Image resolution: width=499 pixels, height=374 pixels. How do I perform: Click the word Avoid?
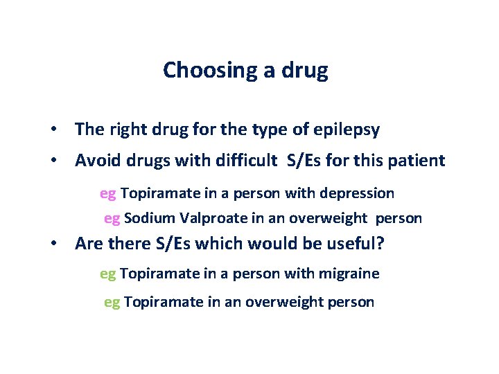[x=97, y=161]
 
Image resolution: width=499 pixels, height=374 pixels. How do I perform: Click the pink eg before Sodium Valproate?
[x=112, y=218]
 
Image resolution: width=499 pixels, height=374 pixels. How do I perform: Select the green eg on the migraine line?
[x=108, y=274]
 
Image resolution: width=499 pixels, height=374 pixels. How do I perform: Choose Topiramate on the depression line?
[x=159, y=193]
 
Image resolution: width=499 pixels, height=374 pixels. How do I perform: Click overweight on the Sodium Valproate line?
[x=329, y=218]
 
